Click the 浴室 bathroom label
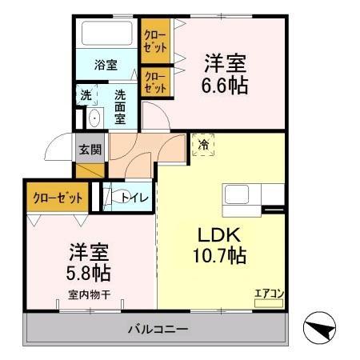(106, 65)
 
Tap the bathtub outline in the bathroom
(107, 34)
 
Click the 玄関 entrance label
(90, 149)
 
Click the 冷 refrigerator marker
(203, 146)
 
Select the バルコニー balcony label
(158, 330)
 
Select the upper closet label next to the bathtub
(154, 40)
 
